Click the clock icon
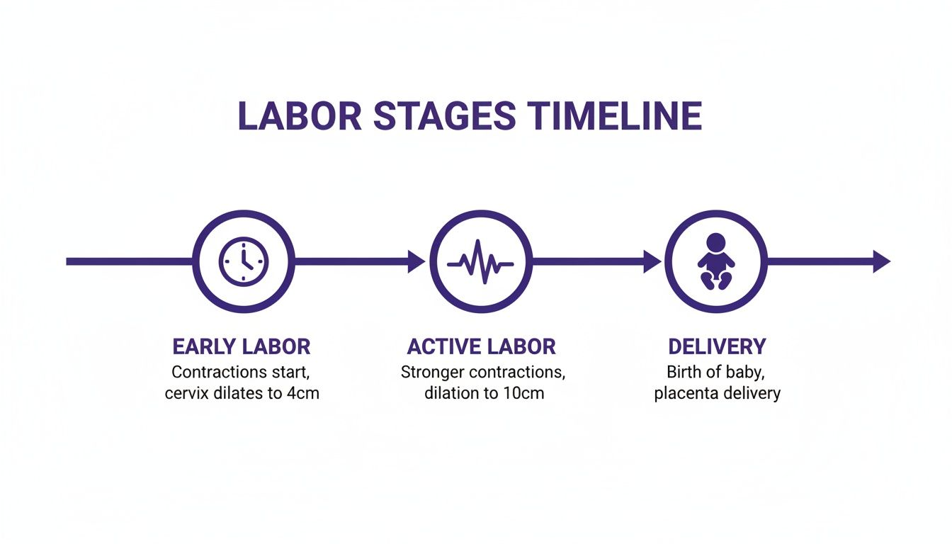[x=243, y=261]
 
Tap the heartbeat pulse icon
[x=480, y=261]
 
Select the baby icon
[x=715, y=261]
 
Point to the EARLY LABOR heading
[x=242, y=347]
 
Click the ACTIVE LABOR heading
[x=482, y=347]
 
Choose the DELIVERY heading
[x=717, y=347]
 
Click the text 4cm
[x=302, y=393]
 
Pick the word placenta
[x=685, y=393]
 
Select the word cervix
[x=185, y=393]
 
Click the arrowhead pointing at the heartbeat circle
[x=416, y=261]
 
